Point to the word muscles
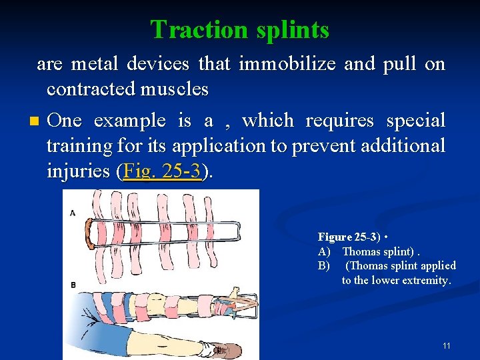coord(174,89)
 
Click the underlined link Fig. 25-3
coord(162,171)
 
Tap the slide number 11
coord(446,346)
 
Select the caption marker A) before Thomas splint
coord(325,251)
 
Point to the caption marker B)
coord(325,266)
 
